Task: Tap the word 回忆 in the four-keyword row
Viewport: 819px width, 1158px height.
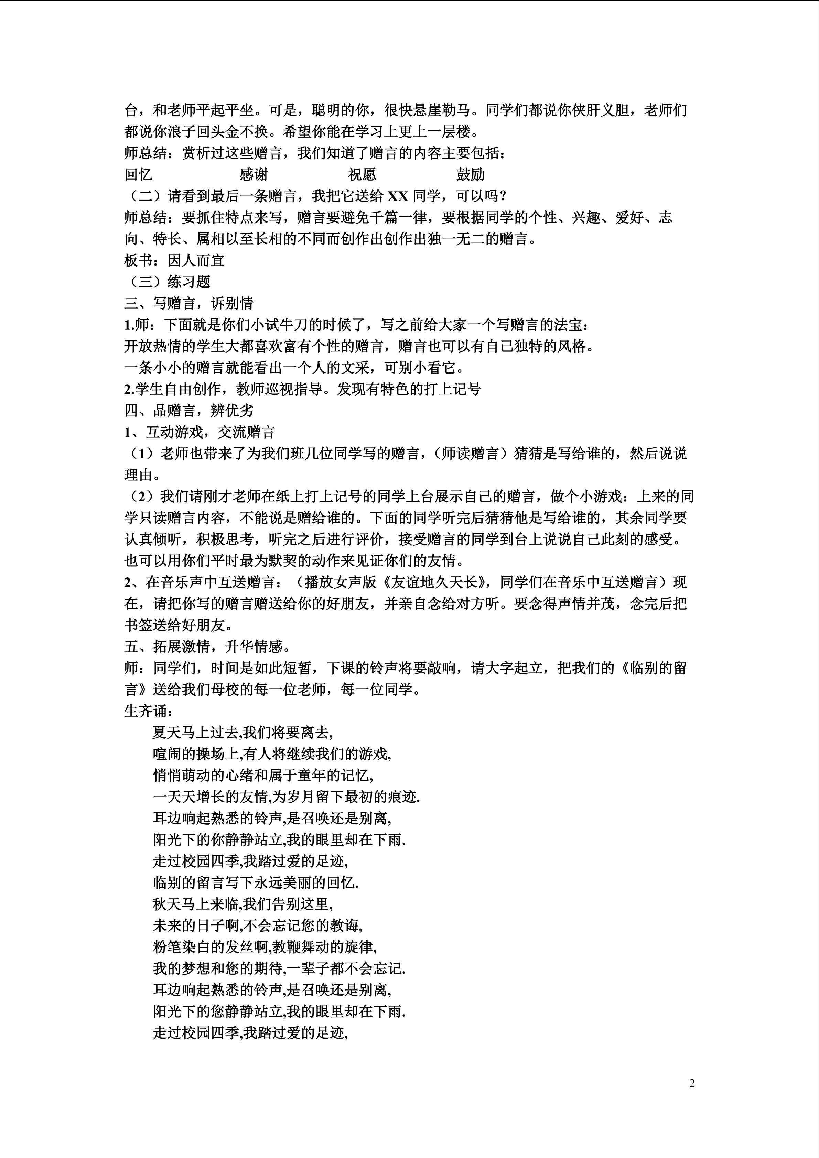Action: tap(139, 174)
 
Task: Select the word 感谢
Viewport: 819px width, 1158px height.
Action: tap(254, 174)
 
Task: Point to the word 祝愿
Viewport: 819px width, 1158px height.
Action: tap(362, 174)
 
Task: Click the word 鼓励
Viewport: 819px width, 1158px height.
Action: tap(471, 174)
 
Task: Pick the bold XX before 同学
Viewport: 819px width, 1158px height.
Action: tap(398, 196)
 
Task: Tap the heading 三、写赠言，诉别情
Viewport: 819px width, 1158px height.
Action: tap(189, 303)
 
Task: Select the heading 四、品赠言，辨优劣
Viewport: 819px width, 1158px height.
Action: tap(189, 411)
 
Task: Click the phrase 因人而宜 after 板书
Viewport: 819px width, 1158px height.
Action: tap(196, 260)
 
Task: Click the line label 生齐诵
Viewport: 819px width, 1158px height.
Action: tap(150, 711)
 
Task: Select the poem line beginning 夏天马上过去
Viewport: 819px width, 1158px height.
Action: tap(243, 732)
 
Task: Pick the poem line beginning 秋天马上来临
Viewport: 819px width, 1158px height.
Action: tap(243, 904)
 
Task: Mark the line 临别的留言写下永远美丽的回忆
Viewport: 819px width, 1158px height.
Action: tap(256, 883)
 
